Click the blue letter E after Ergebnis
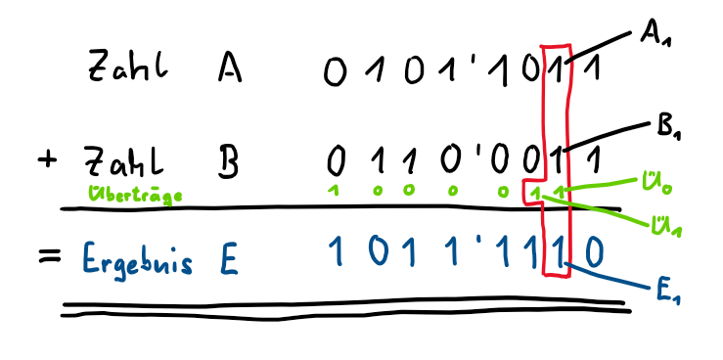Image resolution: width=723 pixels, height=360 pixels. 226,258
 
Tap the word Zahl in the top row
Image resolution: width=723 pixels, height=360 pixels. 127,68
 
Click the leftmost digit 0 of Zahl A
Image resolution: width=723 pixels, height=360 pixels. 337,71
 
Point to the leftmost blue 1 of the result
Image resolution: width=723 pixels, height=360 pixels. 336,255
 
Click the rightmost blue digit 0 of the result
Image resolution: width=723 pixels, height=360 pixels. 595,253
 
